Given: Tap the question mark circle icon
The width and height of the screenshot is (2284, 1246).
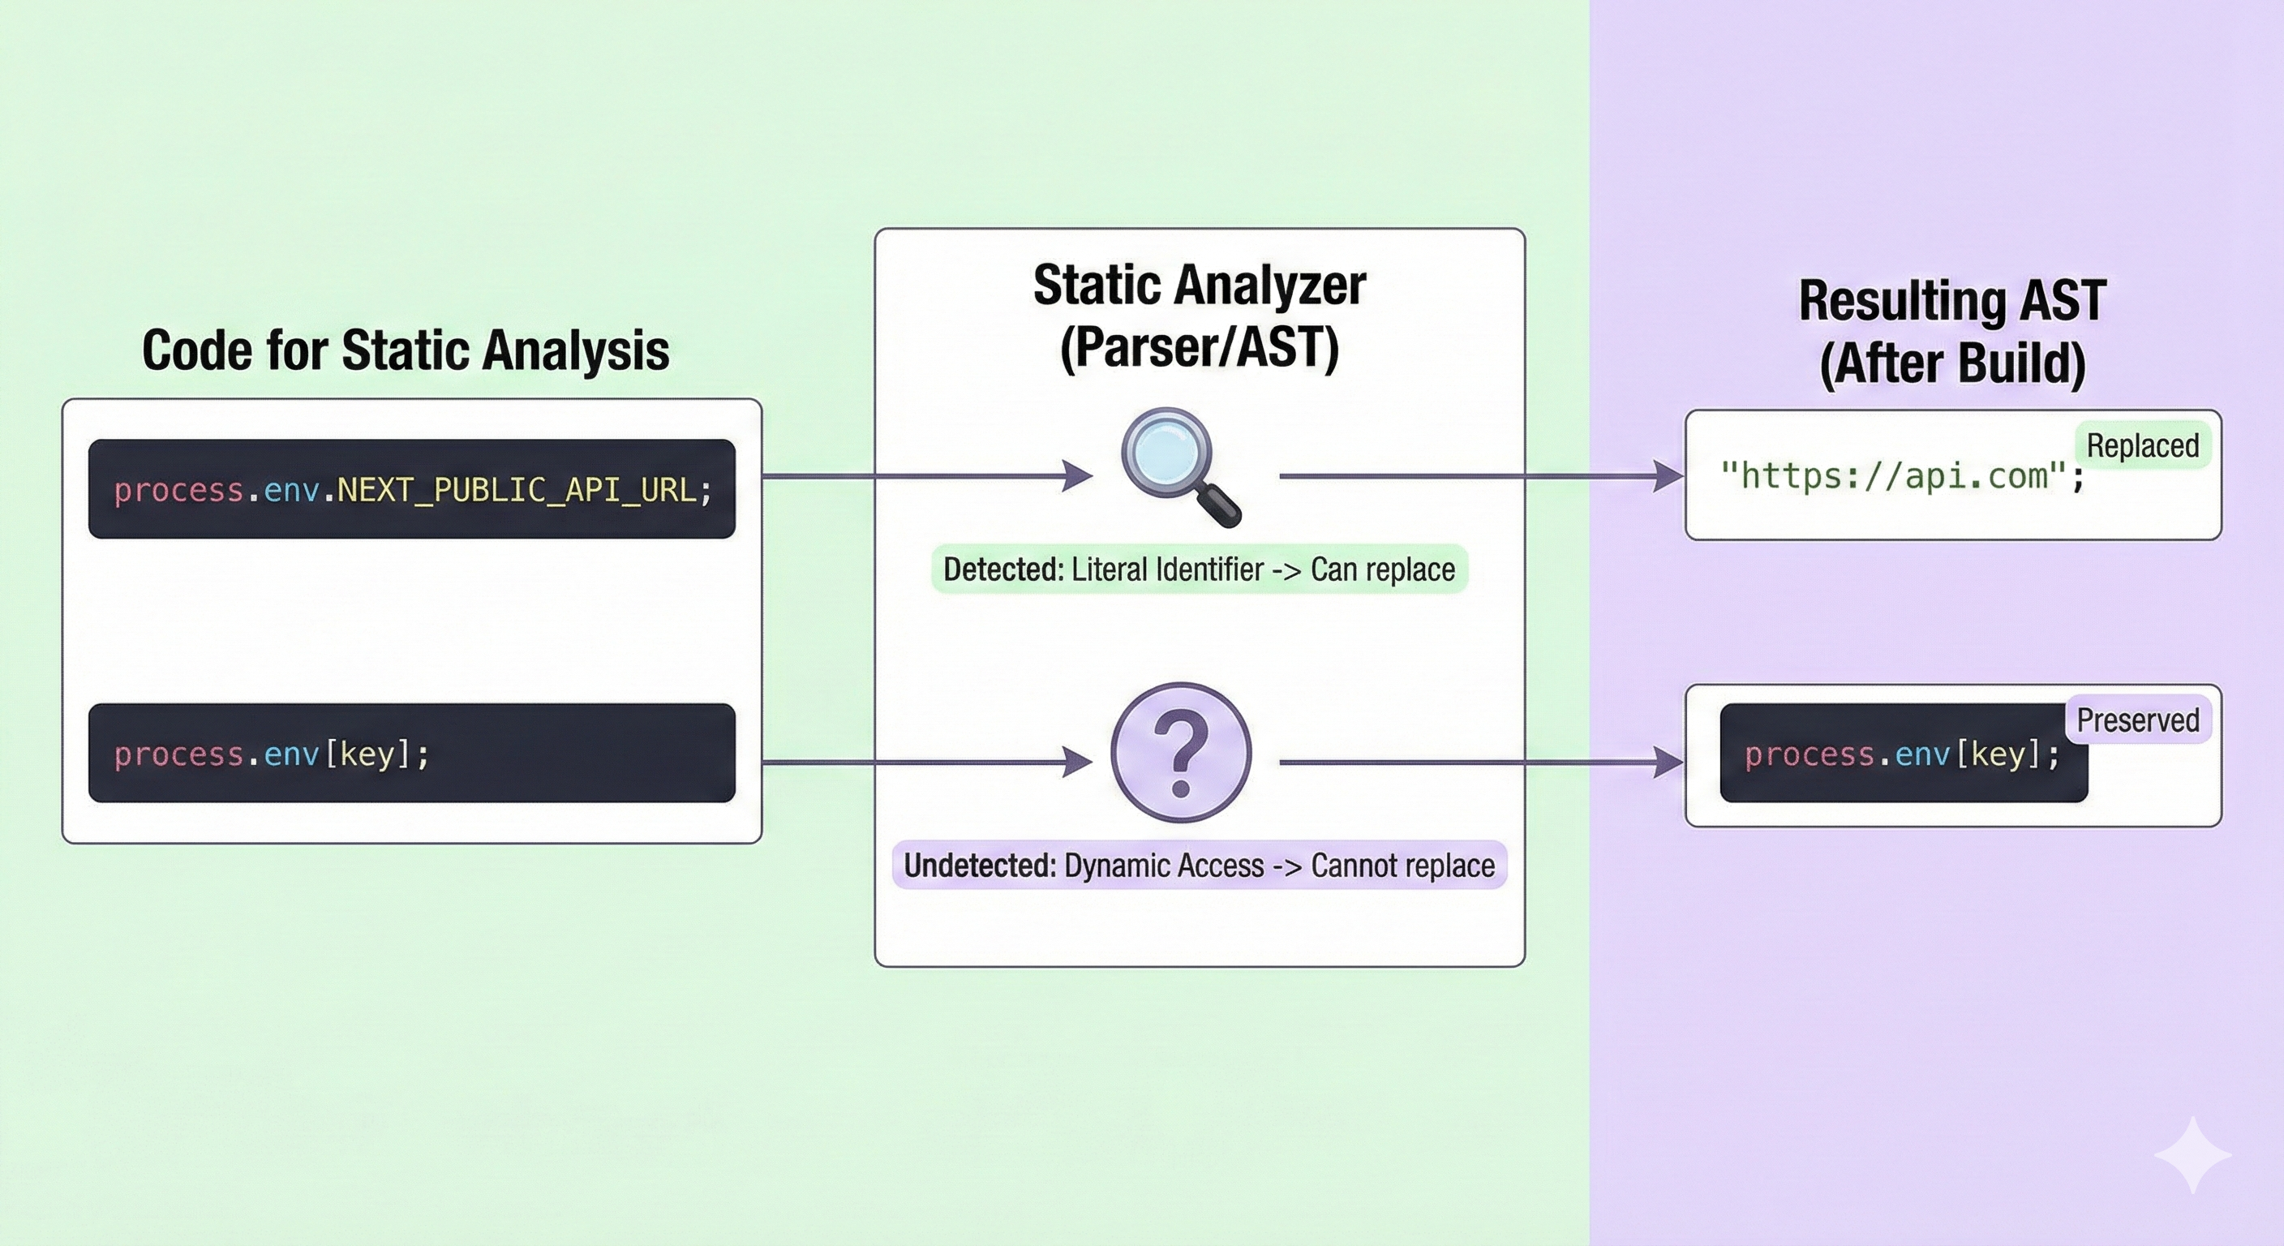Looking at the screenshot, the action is (1181, 753).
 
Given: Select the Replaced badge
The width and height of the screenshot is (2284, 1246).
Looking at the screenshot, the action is (2142, 445).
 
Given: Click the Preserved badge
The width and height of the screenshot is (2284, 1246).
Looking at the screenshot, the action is (2138, 720).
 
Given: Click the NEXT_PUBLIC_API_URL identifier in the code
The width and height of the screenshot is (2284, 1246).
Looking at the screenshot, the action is (517, 489).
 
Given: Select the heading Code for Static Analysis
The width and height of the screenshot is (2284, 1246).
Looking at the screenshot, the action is (406, 350).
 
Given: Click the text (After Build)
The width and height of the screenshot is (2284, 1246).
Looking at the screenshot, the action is (1952, 363).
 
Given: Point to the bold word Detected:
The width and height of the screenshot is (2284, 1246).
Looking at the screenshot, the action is (1002, 569).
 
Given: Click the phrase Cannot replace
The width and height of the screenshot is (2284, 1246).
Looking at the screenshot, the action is (1402, 866).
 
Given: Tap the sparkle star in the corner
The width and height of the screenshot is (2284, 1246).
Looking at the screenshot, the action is (2192, 1154).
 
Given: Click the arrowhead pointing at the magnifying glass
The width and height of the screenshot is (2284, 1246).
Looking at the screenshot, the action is (1077, 476).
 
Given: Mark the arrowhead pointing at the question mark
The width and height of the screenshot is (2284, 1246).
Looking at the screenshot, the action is (1077, 762).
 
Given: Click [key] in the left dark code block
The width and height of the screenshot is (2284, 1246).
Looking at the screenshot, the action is (366, 754).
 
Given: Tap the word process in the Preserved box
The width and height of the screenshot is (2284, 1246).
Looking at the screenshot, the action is (1808, 754).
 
